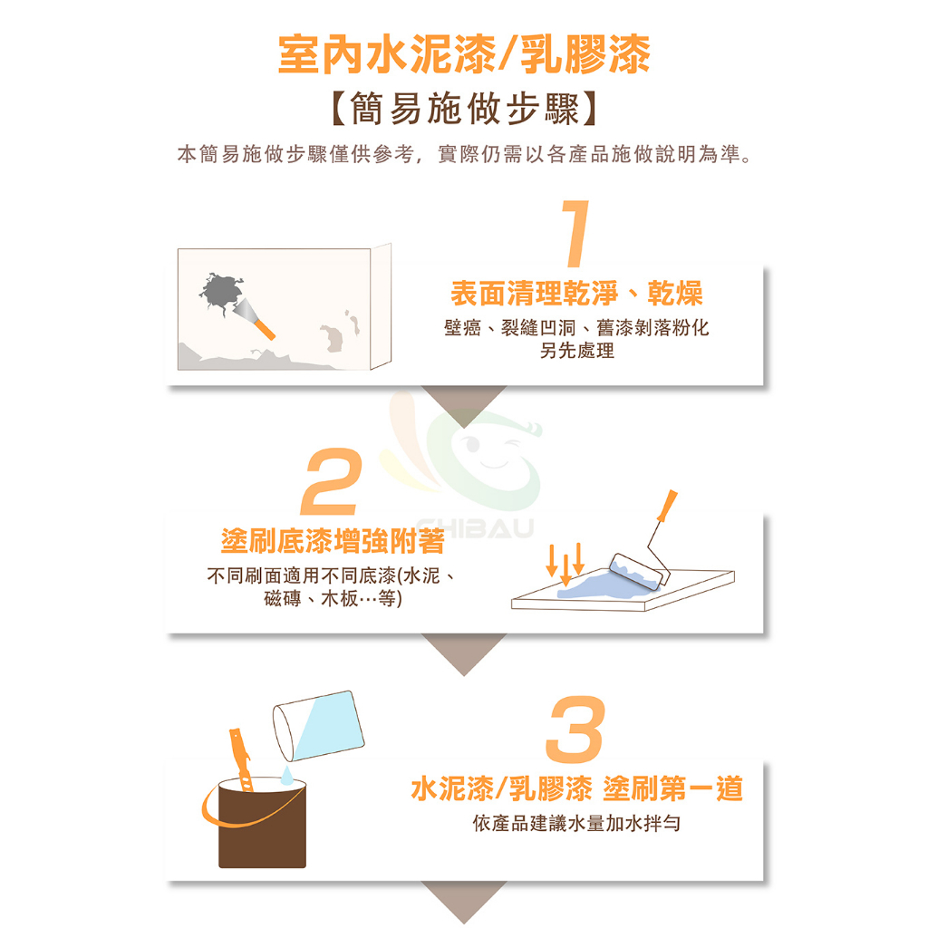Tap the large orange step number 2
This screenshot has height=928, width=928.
pyautogui.click(x=332, y=481)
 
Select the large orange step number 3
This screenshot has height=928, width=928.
pyautogui.click(x=575, y=729)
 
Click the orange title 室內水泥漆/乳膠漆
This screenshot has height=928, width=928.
pyautogui.click(x=465, y=54)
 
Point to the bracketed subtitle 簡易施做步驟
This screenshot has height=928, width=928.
pyautogui.click(x=465, y=109)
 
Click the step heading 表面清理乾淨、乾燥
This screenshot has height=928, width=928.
pyautogui.click(x=576, y=293)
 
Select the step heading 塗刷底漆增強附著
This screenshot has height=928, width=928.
pyautogui.click(x=333, y=541)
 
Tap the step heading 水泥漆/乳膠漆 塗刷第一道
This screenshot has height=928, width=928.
pyautogui.click(x=577, y=789)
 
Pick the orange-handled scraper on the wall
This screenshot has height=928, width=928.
pyautogui.click(x=255, y=319)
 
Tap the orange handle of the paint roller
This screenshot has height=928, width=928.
pyautogui.click(x=668, y=506)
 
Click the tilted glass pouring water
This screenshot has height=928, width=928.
pyautogui.click(x=318, y=726)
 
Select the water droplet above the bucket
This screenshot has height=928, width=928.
pyautogui.click(x=286, y=776)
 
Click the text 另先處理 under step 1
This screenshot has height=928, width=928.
pyautogui.click(x=577, y=351)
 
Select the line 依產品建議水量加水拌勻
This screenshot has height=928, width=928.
pyautogui.click(x=577, y=823)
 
